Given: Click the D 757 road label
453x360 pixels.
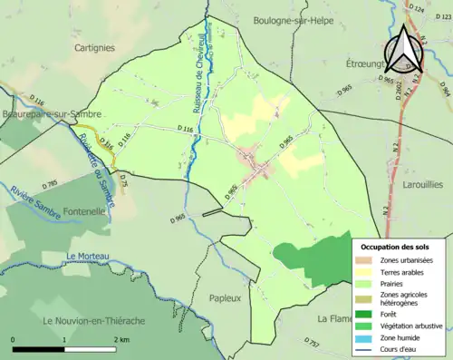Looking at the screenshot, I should tap(313, 345).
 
